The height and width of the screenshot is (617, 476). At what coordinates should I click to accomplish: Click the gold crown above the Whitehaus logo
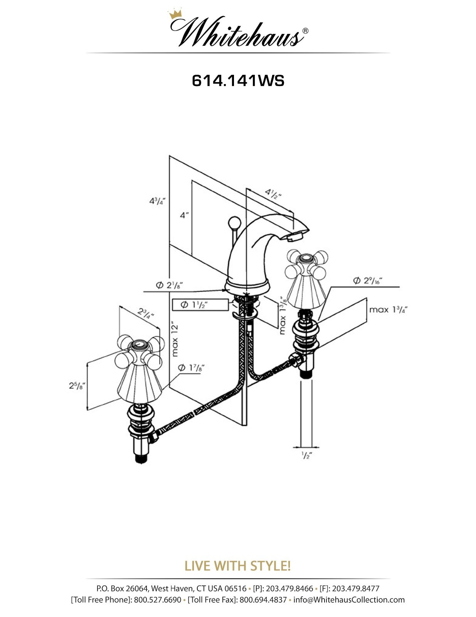click(175, 14)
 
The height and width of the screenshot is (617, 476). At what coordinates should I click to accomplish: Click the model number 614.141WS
click(238, 81)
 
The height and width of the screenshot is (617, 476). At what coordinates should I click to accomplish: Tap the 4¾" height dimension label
click(157, 202)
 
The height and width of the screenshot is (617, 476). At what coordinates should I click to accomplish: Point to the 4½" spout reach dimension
click(273, 194)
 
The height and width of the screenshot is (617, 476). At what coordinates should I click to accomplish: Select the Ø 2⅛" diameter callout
click(170, 285)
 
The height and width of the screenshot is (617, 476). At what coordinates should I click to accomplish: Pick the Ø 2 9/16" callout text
click(368, 280)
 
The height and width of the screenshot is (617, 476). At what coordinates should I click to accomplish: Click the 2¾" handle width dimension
click(146, 313)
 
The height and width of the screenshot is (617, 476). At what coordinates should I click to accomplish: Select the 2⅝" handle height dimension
click(77, 385)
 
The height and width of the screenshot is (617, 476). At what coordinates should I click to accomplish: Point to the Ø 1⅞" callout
click(191, 368)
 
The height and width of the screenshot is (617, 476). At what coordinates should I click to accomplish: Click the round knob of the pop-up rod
click(235, 223)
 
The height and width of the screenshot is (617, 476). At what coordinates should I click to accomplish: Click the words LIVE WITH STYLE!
click(238, 565)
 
